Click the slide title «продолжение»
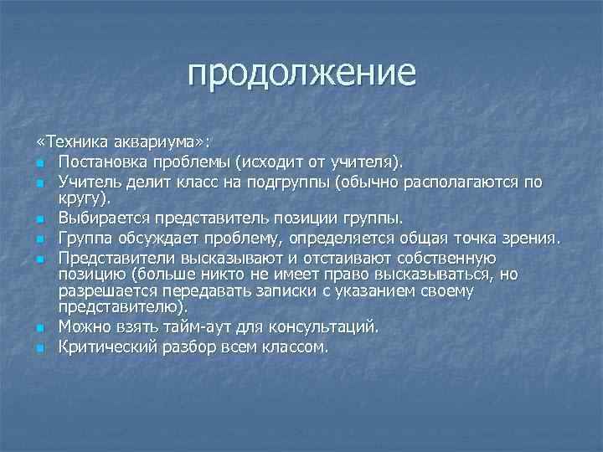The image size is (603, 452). tap(301, 73)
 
